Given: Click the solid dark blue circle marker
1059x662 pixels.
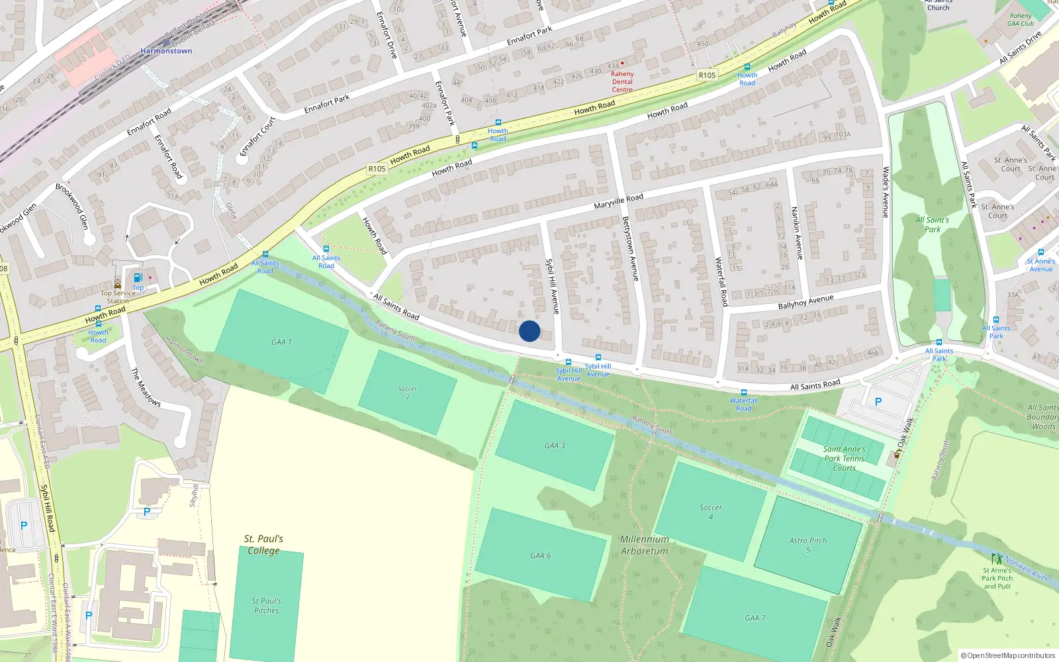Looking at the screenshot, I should tap(529, 331).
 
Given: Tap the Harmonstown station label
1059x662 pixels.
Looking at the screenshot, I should tap(166, 51).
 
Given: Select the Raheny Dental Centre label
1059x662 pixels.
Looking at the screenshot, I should tap(622, 81).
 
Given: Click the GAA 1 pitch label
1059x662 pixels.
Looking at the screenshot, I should tap(281, 342).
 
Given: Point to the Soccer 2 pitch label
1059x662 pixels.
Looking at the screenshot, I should tap(408, 393).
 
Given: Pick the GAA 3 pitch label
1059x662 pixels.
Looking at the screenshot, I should tap(555, 446).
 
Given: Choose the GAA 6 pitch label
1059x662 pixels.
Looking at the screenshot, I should tap(541, 555).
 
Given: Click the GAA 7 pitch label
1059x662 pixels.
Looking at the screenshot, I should tap(755, 618).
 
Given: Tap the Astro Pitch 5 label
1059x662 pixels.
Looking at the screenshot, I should tap(808, 545).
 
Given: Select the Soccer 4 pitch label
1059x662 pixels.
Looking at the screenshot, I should tap(711, 512).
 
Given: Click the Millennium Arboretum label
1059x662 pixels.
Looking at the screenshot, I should tap(645, 545).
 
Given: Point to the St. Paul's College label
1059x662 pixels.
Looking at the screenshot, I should tap(263, 544).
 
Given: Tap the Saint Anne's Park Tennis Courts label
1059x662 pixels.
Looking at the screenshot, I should tap(845, 458).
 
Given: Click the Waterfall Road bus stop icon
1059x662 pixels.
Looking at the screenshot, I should tap(743, 393).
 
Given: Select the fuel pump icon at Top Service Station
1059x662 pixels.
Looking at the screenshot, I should tap(138, 278).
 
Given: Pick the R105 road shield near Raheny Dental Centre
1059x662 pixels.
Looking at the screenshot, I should tap(707, 75).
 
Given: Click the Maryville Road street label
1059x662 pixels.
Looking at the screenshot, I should tap(618, 201).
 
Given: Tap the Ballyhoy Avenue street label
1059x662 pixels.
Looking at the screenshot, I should tap(806, 303).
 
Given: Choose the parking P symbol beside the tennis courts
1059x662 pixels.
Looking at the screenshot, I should tap(878, 402).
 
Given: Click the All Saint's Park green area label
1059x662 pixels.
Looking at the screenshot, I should tap(932, 224).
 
